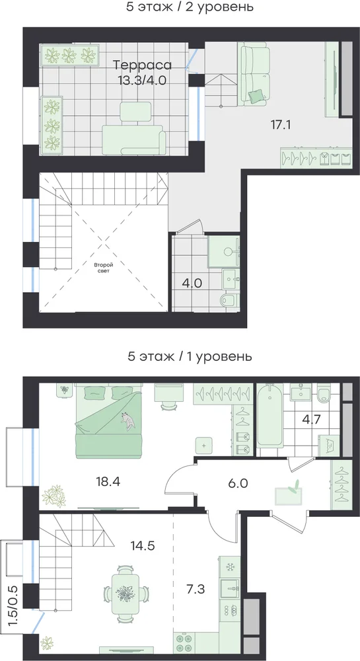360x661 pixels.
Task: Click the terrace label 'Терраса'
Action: tap(143, 65)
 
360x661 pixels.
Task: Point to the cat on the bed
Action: tap(128, 421)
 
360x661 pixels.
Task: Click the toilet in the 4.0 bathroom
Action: tap(230, 301)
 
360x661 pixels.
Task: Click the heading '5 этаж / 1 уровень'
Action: tap(190, 357)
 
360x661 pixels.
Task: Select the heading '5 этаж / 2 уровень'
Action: tap(190, 7)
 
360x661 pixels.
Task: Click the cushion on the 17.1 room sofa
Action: tap(256, 97)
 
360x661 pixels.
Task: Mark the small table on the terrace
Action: tap(135, 111)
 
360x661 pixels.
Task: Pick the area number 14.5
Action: tap(142, 547)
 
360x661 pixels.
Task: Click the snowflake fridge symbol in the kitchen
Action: tap(230, 567)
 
